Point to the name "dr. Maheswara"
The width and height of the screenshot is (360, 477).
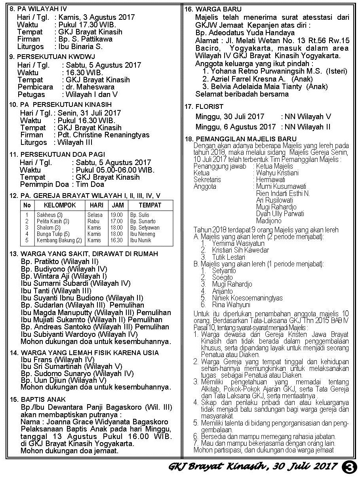[x=90, y=87]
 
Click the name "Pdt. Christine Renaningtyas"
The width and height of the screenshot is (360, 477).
[x=103, y=135]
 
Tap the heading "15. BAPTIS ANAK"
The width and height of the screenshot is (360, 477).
[x=38, y=399]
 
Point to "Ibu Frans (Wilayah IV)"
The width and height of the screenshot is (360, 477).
[x=58, y=359]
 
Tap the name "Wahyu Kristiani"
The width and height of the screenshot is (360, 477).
[x=278, y=173]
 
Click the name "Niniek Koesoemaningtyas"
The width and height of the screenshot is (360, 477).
[x=247, y=298]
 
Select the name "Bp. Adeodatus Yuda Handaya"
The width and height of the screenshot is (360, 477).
[x=245, y=33]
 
